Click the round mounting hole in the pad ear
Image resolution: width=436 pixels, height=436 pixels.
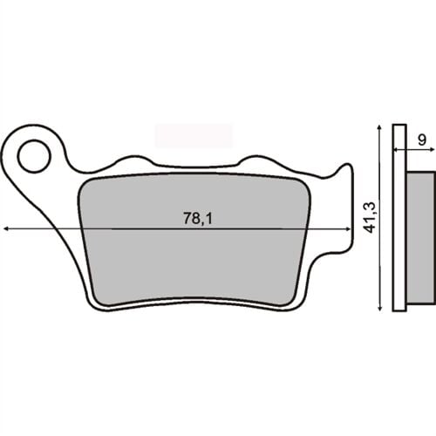35,157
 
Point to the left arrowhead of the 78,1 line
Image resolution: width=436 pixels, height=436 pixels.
8,228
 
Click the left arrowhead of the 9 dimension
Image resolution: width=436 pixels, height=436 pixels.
395,150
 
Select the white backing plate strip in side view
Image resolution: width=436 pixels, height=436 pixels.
399,218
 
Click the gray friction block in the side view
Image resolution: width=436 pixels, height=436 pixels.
420,235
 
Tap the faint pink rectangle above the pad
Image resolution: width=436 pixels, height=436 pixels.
194,134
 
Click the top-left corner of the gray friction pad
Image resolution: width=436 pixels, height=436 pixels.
84,180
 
